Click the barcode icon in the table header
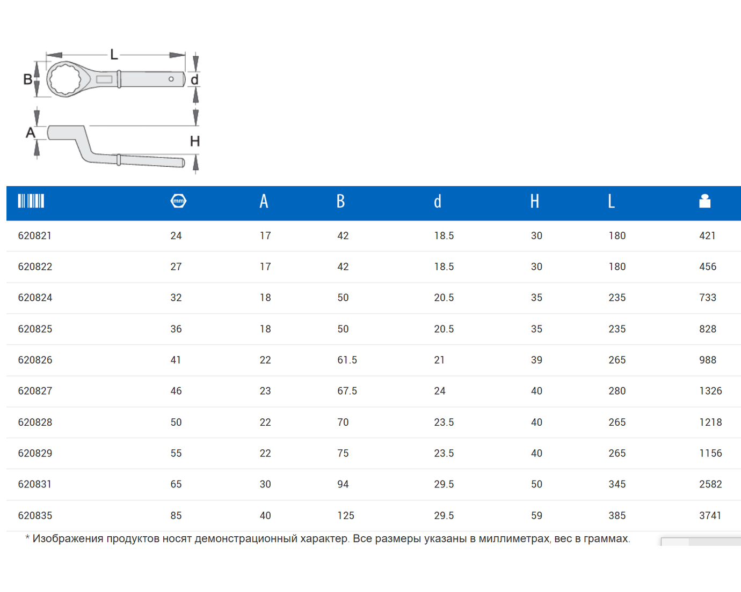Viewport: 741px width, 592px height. click(x=31, y=201)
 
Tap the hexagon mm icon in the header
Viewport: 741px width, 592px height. click(x=178, y=201)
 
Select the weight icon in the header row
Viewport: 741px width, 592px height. click(x=704, y=201)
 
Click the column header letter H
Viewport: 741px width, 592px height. click(x=534, y=201)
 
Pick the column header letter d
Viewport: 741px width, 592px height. click(x=437, y=201)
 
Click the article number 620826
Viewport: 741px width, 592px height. click(x=35, y=360)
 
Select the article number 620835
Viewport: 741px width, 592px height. click(x=35, y=515)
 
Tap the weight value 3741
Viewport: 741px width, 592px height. click(x=710, y=515)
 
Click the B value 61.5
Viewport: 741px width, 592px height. click(x=347, y=360)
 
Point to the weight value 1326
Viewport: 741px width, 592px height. click(x=710, y=391)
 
